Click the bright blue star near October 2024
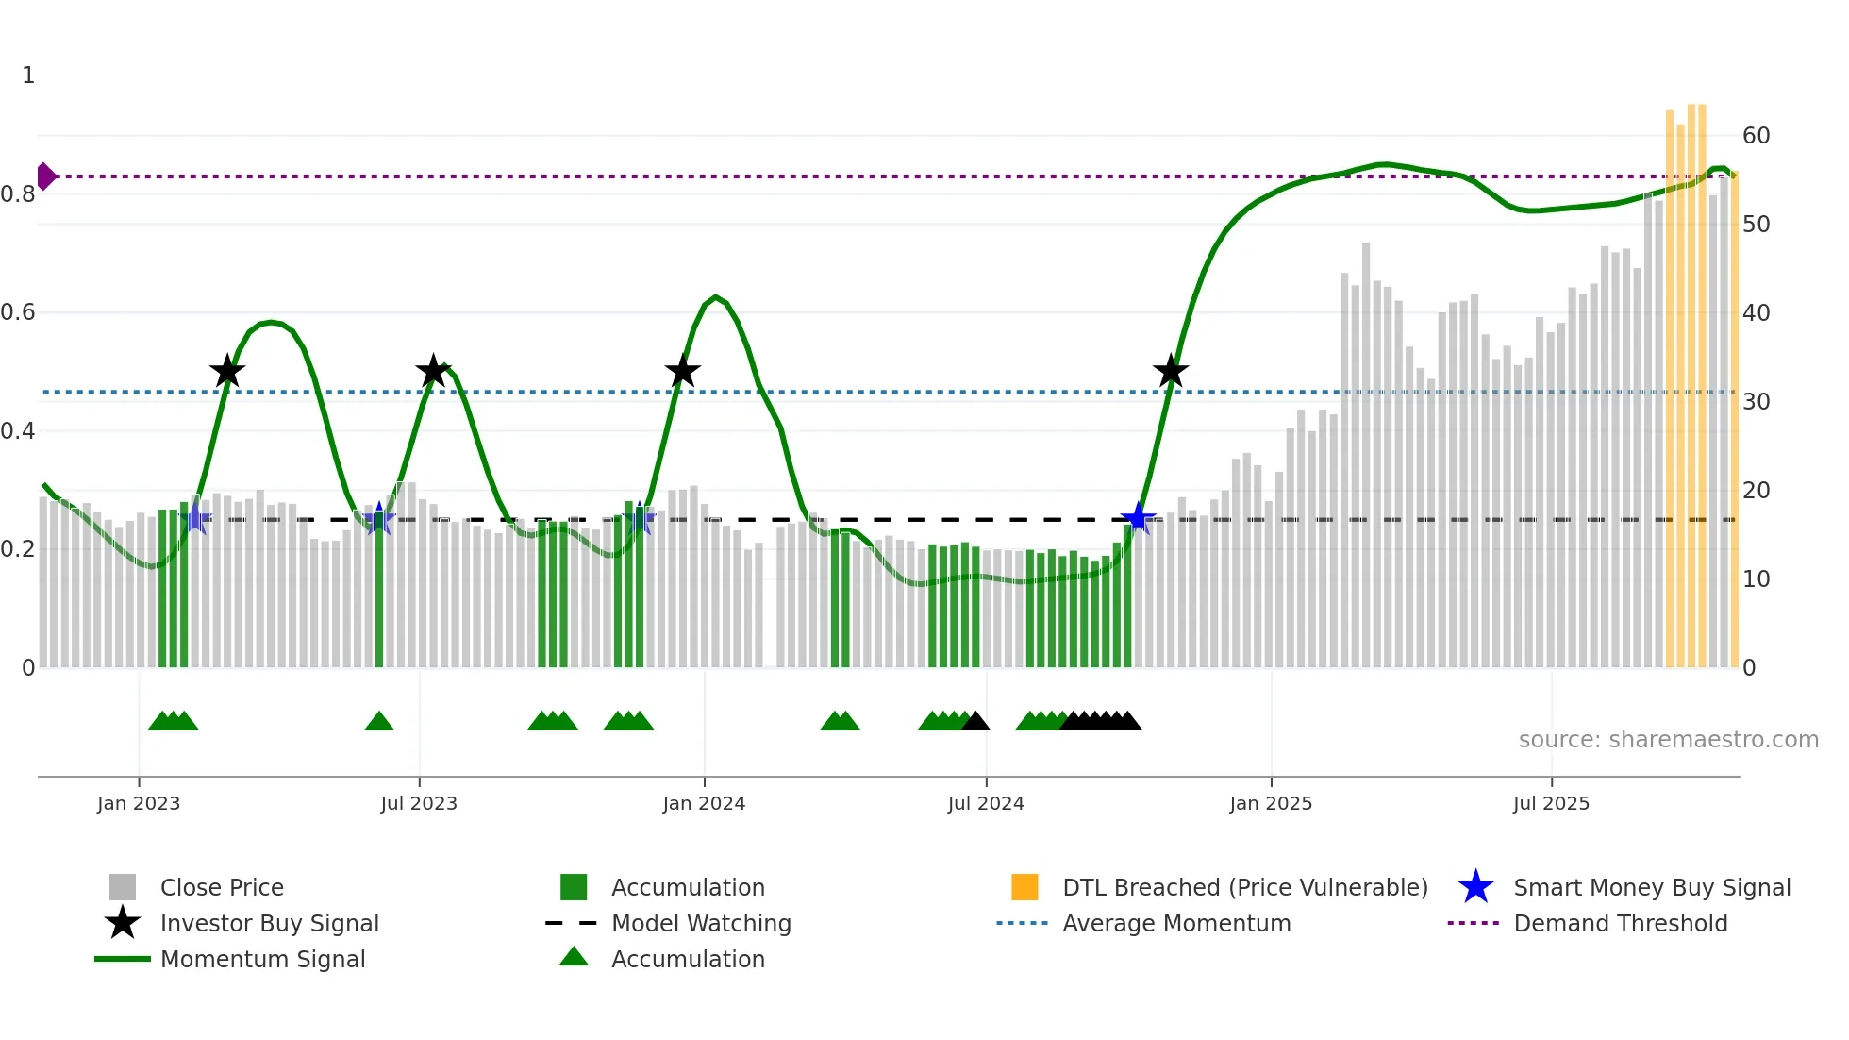pos(1138,518)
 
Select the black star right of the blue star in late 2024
pos(1171,372)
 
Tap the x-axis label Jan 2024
pos(704,804)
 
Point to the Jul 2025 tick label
pos(1551,804)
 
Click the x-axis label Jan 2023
pos(139,804)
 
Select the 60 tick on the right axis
pos(1756,136)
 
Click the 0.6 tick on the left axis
pos(18,312)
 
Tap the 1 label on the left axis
pos(28,75)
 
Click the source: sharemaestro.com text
pos(1668,740)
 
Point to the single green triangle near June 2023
pos(379,722)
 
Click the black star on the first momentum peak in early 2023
pos(226,372)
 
